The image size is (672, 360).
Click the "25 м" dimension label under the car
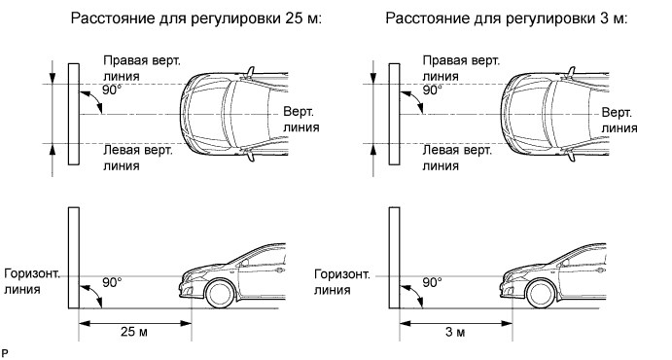[134, 332]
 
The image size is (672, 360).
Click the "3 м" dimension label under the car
[455, 332]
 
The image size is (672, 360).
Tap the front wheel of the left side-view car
[220, 294]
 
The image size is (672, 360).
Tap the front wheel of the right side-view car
[541, 294]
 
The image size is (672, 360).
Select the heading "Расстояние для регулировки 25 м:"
[195, 18]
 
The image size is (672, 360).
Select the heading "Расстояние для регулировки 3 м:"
[506, 18]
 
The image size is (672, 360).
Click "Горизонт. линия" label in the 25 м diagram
[32, 281]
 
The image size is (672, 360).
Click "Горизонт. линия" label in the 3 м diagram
[342, 281]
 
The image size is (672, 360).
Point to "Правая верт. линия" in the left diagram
[142, 68]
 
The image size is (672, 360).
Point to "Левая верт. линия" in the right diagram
[457, 158]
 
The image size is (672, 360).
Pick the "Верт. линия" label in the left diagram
[301, 120]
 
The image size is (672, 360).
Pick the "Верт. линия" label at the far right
[619, 120]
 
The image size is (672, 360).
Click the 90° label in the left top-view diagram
[112, 90]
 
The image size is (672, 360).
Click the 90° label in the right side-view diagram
[433, 282]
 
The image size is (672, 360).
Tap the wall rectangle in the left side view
[74, 258]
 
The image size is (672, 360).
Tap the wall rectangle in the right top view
[394, 114]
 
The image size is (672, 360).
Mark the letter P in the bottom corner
[5, 353]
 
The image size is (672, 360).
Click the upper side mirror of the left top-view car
[249, 72]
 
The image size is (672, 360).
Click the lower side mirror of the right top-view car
[570, 155]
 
